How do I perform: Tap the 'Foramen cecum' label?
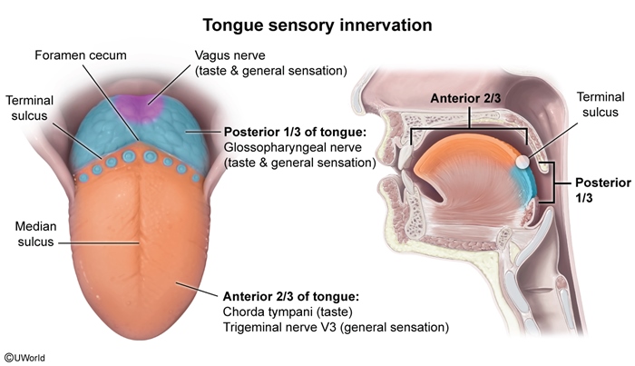(x=81, y=55)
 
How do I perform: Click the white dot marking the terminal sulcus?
(x=523, y=160)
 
